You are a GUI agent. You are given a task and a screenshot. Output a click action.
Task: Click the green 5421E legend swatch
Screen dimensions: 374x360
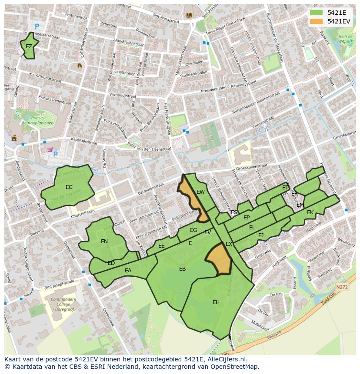tap(317, 13)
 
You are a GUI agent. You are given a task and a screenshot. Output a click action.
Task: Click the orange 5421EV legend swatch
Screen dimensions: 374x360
tap(317, 21)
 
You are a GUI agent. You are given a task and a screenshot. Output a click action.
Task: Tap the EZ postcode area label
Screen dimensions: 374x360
tap(29, 46)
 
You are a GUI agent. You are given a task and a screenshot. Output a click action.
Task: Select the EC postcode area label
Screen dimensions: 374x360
tap(69, 187)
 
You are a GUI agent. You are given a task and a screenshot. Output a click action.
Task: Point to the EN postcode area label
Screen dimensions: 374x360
tap(104, 242)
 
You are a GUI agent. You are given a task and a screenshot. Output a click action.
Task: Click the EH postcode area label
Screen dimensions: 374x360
tap(216, 302)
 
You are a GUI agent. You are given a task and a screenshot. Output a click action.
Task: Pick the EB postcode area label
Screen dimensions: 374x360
tap(183, 269)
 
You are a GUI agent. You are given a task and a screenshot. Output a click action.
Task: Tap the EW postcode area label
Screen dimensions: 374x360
tap(200, 192)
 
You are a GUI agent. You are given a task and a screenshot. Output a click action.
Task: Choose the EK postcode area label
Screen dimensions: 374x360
tap(310, 212)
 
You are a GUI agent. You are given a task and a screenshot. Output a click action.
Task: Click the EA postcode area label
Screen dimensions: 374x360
tap(128, 271)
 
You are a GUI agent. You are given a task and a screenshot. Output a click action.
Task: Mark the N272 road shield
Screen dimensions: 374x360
tap(342, 287)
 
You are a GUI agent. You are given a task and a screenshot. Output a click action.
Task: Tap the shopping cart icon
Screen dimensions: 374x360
tap(50, 150)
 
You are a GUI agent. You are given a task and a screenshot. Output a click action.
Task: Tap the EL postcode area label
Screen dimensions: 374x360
tap(252, 228)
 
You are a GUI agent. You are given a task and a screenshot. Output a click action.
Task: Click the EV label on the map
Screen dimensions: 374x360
tap(207, 232)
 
